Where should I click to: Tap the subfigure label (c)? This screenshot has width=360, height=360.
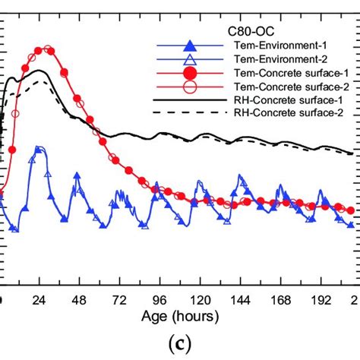[180, 343]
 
